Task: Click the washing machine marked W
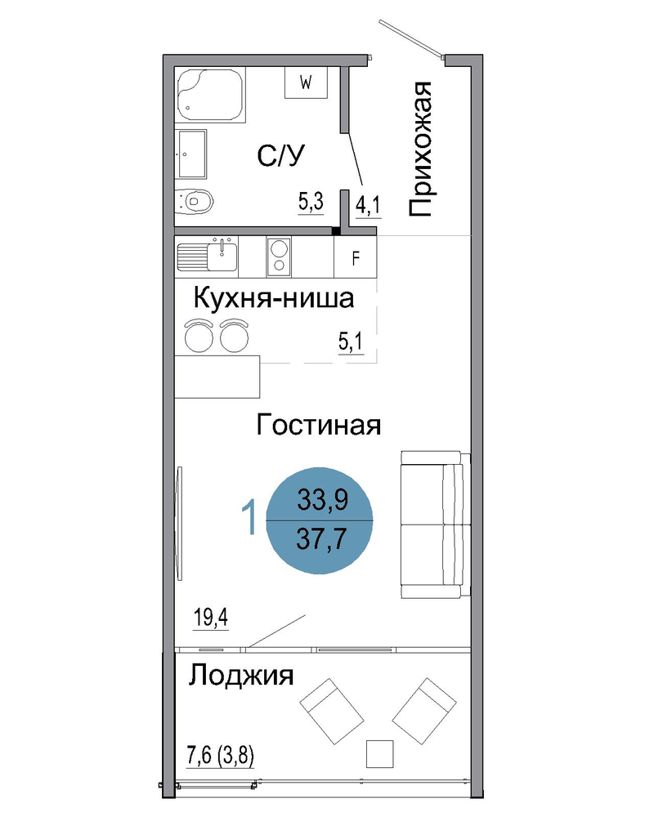click(x=306, y=83)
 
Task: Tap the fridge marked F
click(x=355, y=258)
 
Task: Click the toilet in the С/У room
click(x=195, y=200)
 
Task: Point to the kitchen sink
click(x=207, y=254)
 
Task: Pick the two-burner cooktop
click(x=279, y=257)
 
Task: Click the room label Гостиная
click(x=319, y=425)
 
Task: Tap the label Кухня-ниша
click(x=274, y=298)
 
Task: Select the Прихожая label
click(x=420, y=149)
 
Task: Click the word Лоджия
click(x=241, y=676)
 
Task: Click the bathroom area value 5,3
click(x=311, y=201)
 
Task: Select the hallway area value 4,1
click(x=368, y=206)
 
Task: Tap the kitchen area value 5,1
click(x=351, y=342)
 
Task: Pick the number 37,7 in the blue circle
click(x=322, y=538)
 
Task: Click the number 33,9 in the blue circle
click(x=323, y=500)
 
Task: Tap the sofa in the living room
click(x=436, y=525)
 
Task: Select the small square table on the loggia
click(x=379, y=753)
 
